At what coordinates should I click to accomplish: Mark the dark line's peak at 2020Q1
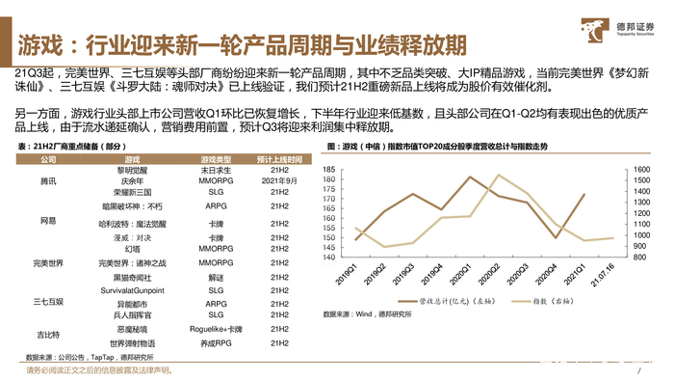469,176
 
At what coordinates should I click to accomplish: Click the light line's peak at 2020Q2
498,175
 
